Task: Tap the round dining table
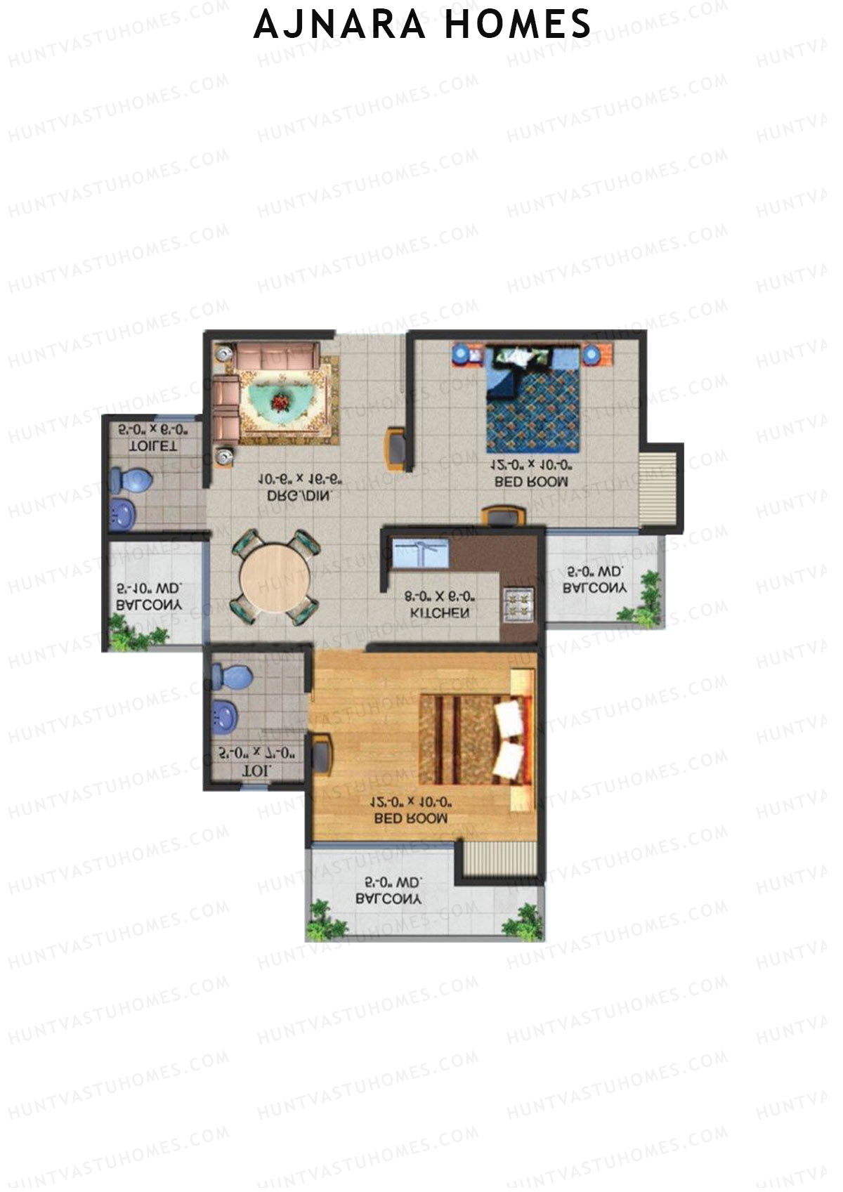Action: click(x=275, y=577)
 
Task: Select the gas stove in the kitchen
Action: click(x=520, y=603)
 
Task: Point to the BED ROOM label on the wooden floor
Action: click(x=411, y=818)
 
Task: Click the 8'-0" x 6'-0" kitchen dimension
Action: click(x=440, y=597)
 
